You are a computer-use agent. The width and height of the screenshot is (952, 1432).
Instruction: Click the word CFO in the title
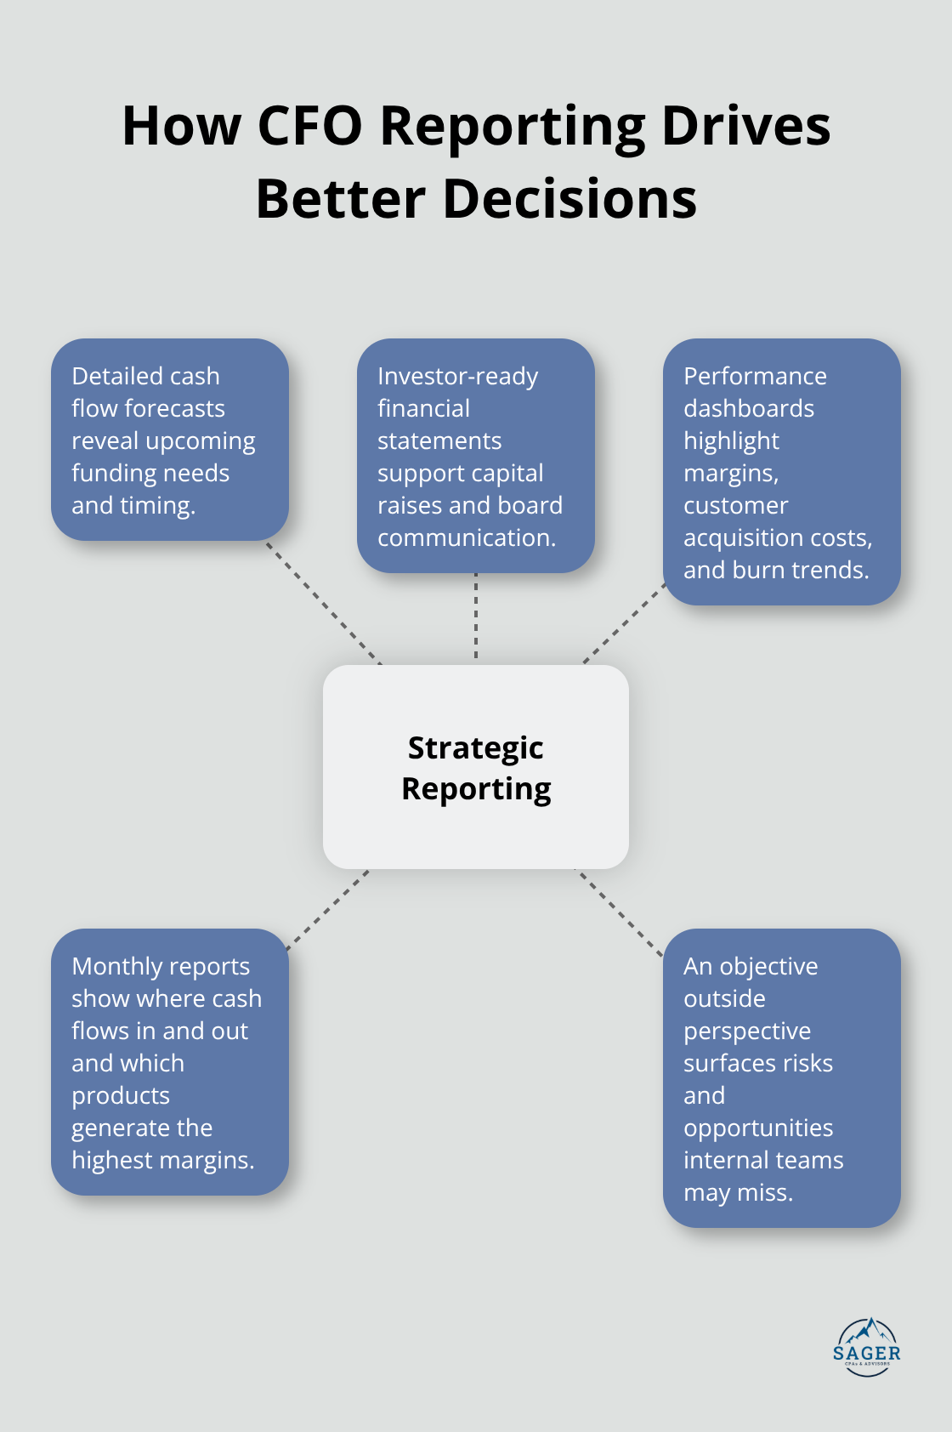(309, 127)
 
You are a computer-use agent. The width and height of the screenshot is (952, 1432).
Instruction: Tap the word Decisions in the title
(569, 200)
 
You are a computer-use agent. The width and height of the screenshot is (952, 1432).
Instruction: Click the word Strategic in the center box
(475, 748)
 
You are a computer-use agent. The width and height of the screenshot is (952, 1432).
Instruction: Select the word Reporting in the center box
(476, 789)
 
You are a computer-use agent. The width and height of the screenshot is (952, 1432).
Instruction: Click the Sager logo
(866, 1347)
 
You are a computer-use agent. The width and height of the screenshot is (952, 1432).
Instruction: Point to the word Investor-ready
(457, 376)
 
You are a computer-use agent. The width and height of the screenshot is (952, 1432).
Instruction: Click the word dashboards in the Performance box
(749, 408)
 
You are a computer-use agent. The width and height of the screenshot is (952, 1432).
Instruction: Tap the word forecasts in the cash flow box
(174, 408)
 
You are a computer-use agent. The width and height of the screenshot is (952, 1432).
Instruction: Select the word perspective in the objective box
(747, 1031)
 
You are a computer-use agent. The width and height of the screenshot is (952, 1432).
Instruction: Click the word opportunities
(758, 1128)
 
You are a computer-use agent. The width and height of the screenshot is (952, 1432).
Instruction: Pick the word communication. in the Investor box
(467, 537)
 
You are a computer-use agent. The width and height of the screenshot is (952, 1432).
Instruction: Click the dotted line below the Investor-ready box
(476, 617)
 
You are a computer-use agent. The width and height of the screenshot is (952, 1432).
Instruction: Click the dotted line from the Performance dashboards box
(625, 622)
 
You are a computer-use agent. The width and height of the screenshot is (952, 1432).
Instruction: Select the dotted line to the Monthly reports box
(327, 909)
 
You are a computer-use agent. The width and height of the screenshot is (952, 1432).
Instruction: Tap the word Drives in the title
(745, 127)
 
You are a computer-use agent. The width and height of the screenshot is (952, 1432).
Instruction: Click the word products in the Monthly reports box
(121, 1095)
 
